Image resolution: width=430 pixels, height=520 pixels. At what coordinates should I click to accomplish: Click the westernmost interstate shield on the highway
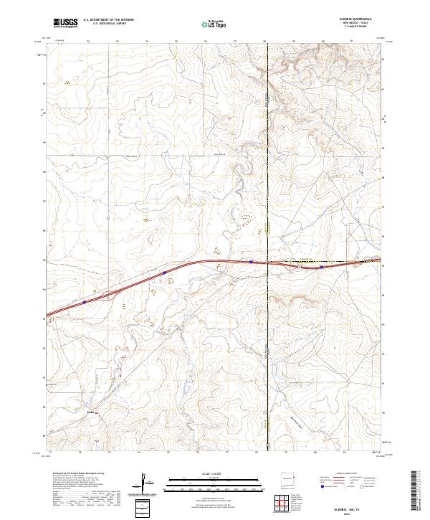click(84, 302)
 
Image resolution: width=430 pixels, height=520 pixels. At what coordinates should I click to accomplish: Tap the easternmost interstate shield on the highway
click(322, 267)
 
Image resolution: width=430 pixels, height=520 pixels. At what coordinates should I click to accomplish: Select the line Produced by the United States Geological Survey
click(79, 474)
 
